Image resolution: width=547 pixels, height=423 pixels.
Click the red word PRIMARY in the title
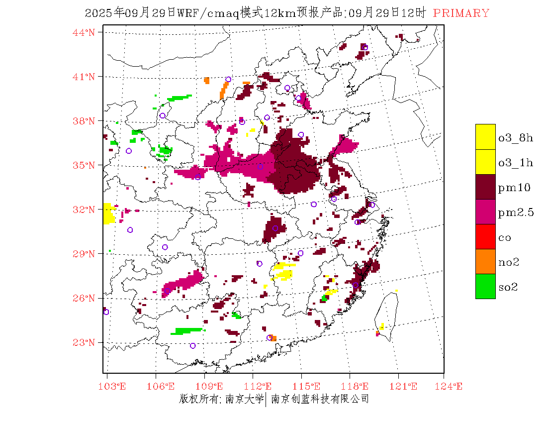461,13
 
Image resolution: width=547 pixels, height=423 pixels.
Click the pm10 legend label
514,187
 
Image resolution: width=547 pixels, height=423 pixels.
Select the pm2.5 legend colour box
485,211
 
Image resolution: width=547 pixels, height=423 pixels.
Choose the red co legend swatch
485,236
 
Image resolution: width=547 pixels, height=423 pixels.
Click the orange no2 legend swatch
485,261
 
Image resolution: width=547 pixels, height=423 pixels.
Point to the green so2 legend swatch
485,286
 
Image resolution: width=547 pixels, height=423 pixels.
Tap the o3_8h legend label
515,137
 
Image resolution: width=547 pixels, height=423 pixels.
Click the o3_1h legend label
515,162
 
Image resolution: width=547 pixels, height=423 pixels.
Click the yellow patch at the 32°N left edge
108,213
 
